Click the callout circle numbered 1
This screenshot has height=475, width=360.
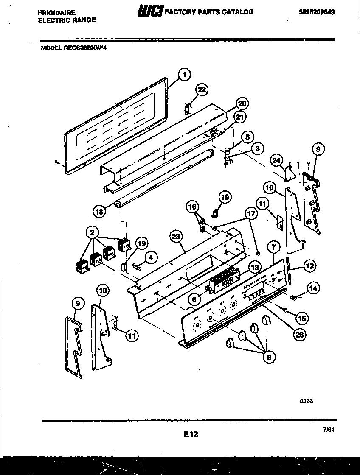tap(183, 75)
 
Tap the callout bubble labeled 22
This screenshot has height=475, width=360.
tap(202, 89)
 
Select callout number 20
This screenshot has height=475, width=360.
tap(242, 104)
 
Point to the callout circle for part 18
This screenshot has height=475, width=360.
tap(99, 211)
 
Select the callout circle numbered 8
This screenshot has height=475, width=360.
tap(268, 358)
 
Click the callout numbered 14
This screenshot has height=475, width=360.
tap(313, 288)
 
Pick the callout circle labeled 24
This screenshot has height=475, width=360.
tap(277, 160)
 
